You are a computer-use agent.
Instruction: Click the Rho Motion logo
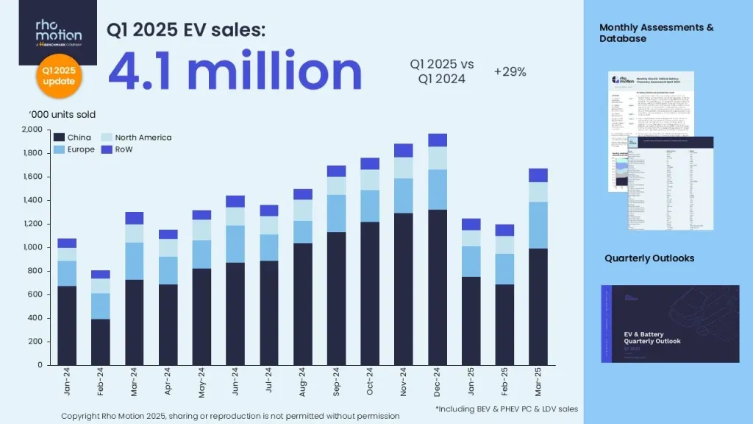(58, 32)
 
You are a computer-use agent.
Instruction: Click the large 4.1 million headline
(235, 71)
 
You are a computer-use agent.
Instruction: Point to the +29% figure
(510, 71)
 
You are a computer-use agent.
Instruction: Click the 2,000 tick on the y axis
(32, 130)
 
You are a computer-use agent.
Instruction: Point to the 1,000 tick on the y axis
(32, 247)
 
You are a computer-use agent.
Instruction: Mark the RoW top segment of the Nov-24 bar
(404, 150)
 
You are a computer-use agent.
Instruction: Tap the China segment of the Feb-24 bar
(101, 342)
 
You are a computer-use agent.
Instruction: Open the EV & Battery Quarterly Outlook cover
(670, 324)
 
